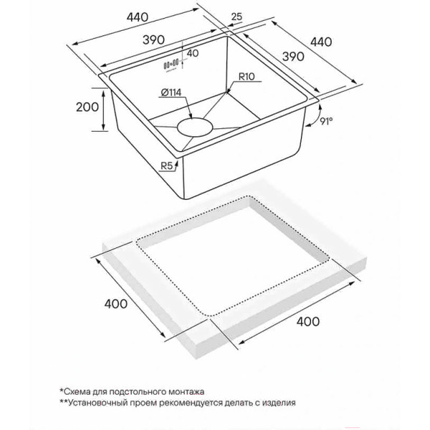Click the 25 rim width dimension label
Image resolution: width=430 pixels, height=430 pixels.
[x=236, y=16]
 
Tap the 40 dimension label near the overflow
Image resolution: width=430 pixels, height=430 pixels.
[x=193, y=53]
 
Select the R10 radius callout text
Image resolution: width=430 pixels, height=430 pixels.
[x=247, y=77]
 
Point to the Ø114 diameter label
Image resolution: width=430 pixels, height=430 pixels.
[x=171, y=92]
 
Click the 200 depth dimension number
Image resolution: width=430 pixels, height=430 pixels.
[x=87, y=107]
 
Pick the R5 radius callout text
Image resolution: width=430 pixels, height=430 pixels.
[x=166, y=166]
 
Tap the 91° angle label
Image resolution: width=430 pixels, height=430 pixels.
[x=327, y=121]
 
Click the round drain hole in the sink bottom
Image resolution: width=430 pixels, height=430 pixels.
[x=195, y=128]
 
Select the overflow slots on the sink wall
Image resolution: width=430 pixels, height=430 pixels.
[x=171, y=64]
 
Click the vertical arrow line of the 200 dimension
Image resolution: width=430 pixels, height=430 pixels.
[x=103, y=110]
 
